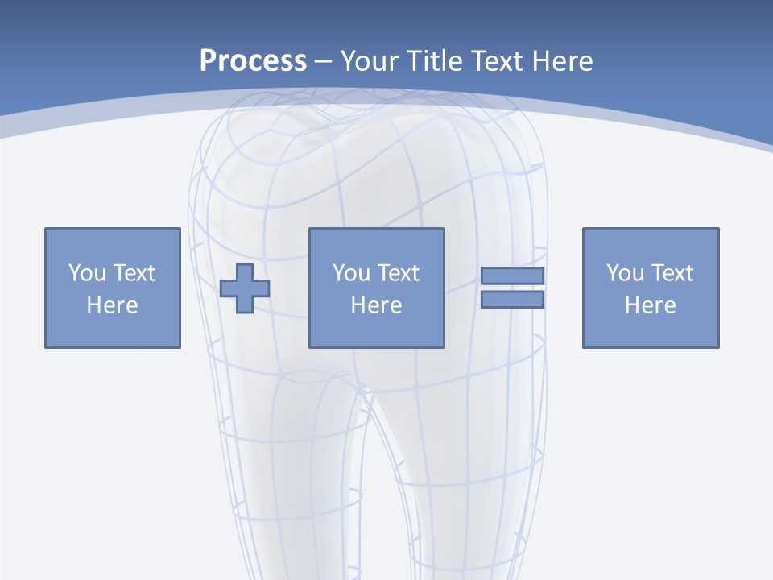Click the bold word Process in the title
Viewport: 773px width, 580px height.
[253, 61]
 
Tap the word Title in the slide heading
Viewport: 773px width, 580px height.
[435, 61]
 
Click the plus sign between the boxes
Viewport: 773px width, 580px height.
[245, 288]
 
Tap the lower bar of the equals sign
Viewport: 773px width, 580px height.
[512, 300]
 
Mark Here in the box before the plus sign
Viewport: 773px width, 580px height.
[112, 305]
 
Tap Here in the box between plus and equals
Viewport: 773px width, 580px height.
[376, 305]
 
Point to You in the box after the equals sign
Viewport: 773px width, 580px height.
[625, 273]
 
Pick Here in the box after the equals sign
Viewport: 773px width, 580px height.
[650, 305]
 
